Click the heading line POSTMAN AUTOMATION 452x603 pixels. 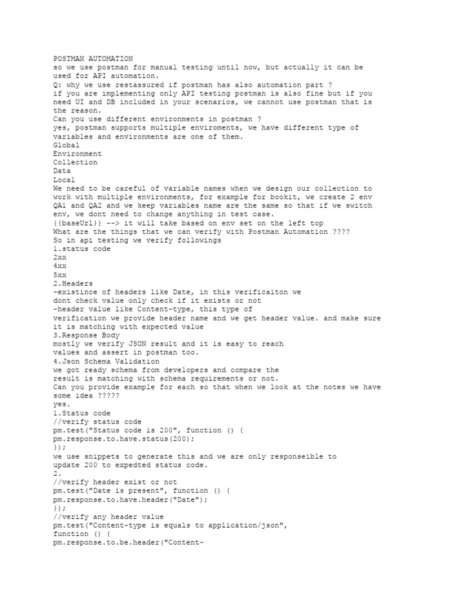click(x=93, y=59)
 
